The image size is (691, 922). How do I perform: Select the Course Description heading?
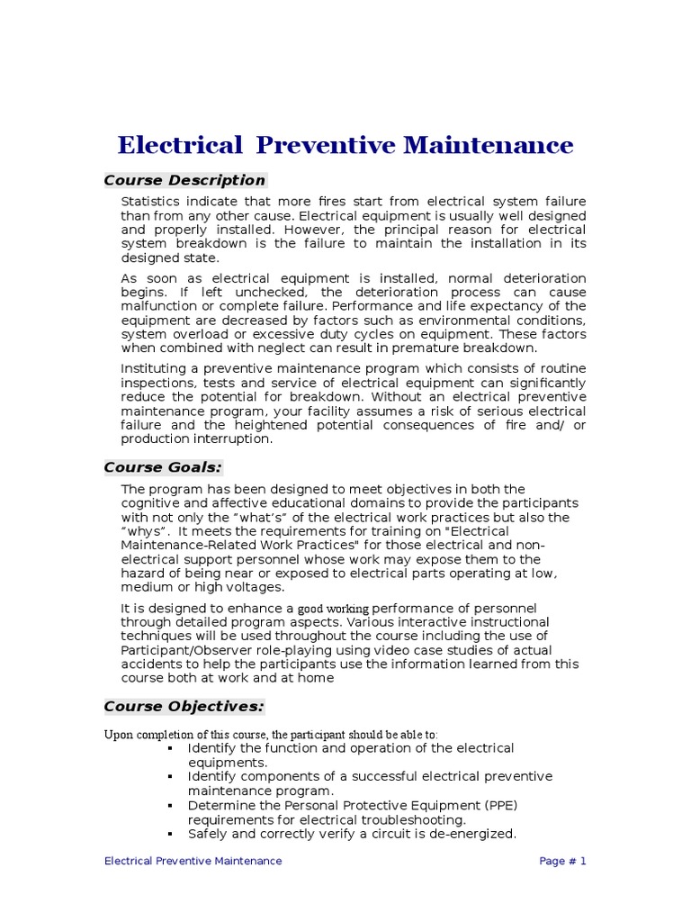point(184,180)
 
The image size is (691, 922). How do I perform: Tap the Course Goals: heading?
point(163,467)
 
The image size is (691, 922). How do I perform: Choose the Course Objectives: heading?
point(184,706)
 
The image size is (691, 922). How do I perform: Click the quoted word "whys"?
point(145,531)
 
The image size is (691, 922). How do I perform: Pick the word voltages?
point(256,588)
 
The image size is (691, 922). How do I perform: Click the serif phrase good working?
point(333,610)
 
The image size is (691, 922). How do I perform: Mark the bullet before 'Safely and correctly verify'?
point(170,834)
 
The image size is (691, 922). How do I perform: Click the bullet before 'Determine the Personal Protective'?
point(170,805)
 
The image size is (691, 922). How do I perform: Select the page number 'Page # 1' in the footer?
point(562,861)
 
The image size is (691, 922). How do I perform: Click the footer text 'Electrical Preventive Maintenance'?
point(193,861)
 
